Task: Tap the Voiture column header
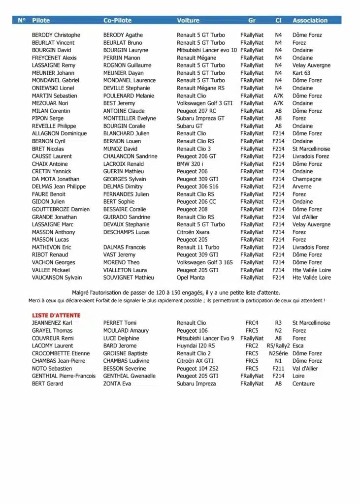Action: [x=188, y=20]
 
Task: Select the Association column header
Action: [x=310, y=20]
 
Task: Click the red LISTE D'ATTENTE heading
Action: [x=56, y=315]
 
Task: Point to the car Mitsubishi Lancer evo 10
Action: [x=207, y=50]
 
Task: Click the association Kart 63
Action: [x=301, y=73]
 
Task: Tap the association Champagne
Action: [x=307, y=179]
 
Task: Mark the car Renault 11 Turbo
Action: [x=198, y=247]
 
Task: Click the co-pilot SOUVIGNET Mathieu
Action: [x=125, y=278]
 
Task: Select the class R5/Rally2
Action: [x=278, y=346]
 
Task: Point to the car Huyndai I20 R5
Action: [x=196, y=346]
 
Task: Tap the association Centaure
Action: [x=303, y=383]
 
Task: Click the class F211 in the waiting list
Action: [x=278, y=368]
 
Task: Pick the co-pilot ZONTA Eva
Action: [x=117, y=383]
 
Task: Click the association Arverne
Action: [x=302, y=187]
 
